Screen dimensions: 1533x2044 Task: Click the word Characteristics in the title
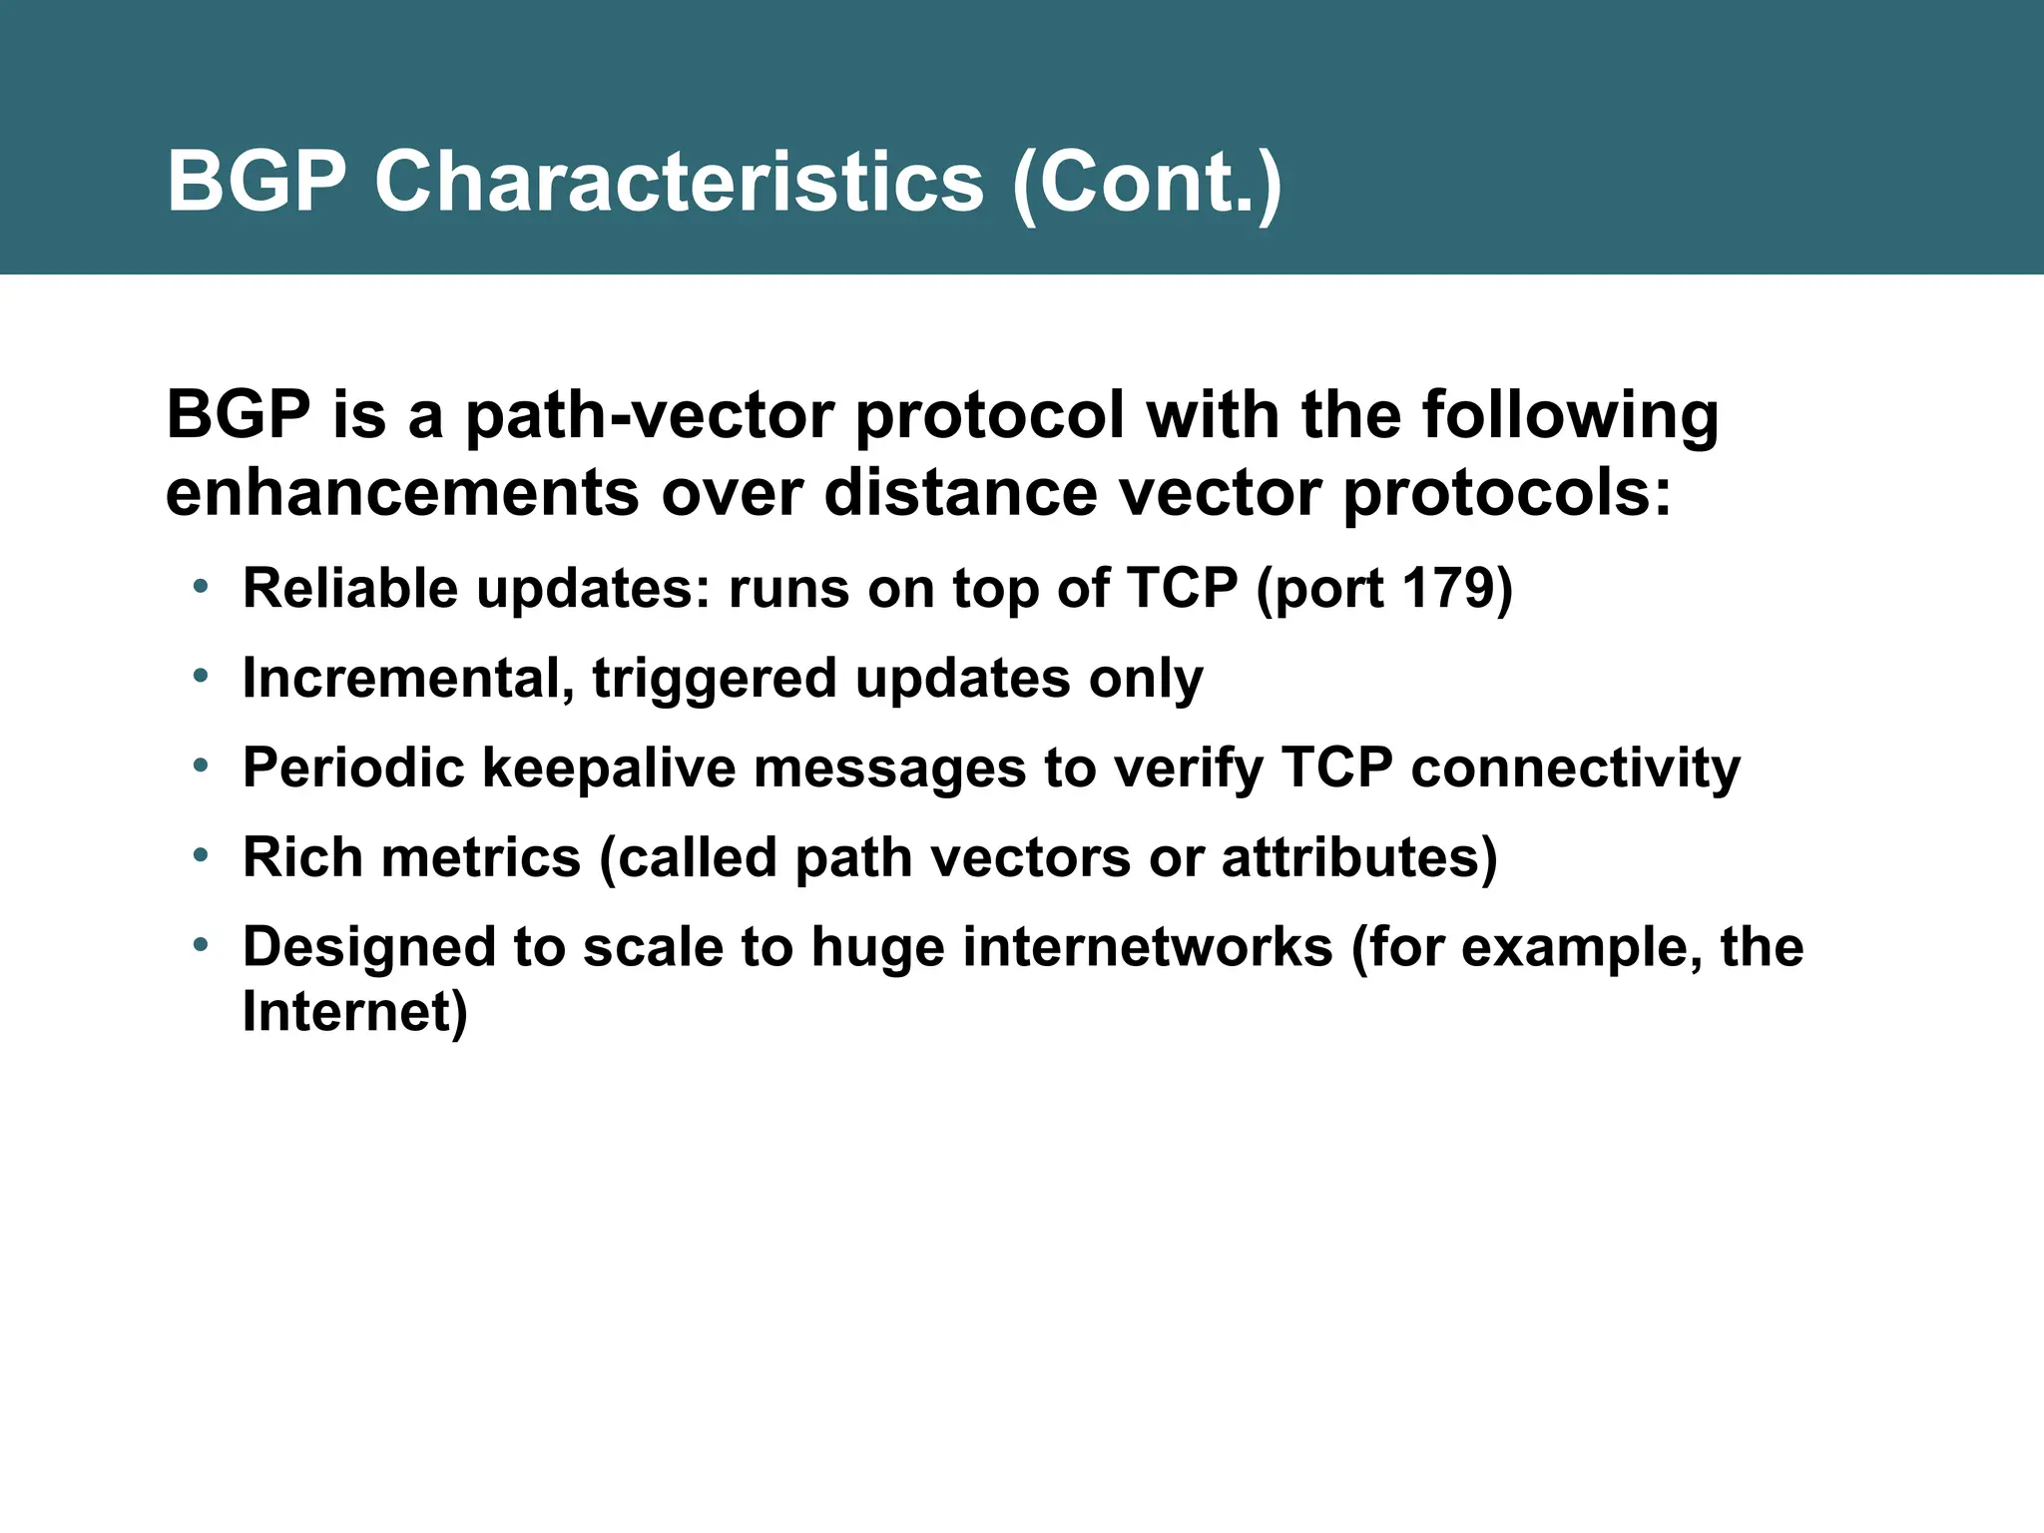coord(679,182)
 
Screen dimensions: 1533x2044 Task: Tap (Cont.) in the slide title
coord(1147,184)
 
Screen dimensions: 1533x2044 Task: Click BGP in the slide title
coord(256,182)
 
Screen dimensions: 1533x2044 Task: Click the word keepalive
coord(608,768)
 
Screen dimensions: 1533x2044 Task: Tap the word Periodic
coord(353,768)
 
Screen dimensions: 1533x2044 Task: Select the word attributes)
coord(1359,857)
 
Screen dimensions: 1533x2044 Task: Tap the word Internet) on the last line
coord(354,1012)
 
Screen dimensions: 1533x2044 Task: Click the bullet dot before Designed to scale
coord(201,944)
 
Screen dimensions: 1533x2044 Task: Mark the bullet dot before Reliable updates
coord(201,586)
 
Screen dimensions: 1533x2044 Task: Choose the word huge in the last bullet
coord(877,949)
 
